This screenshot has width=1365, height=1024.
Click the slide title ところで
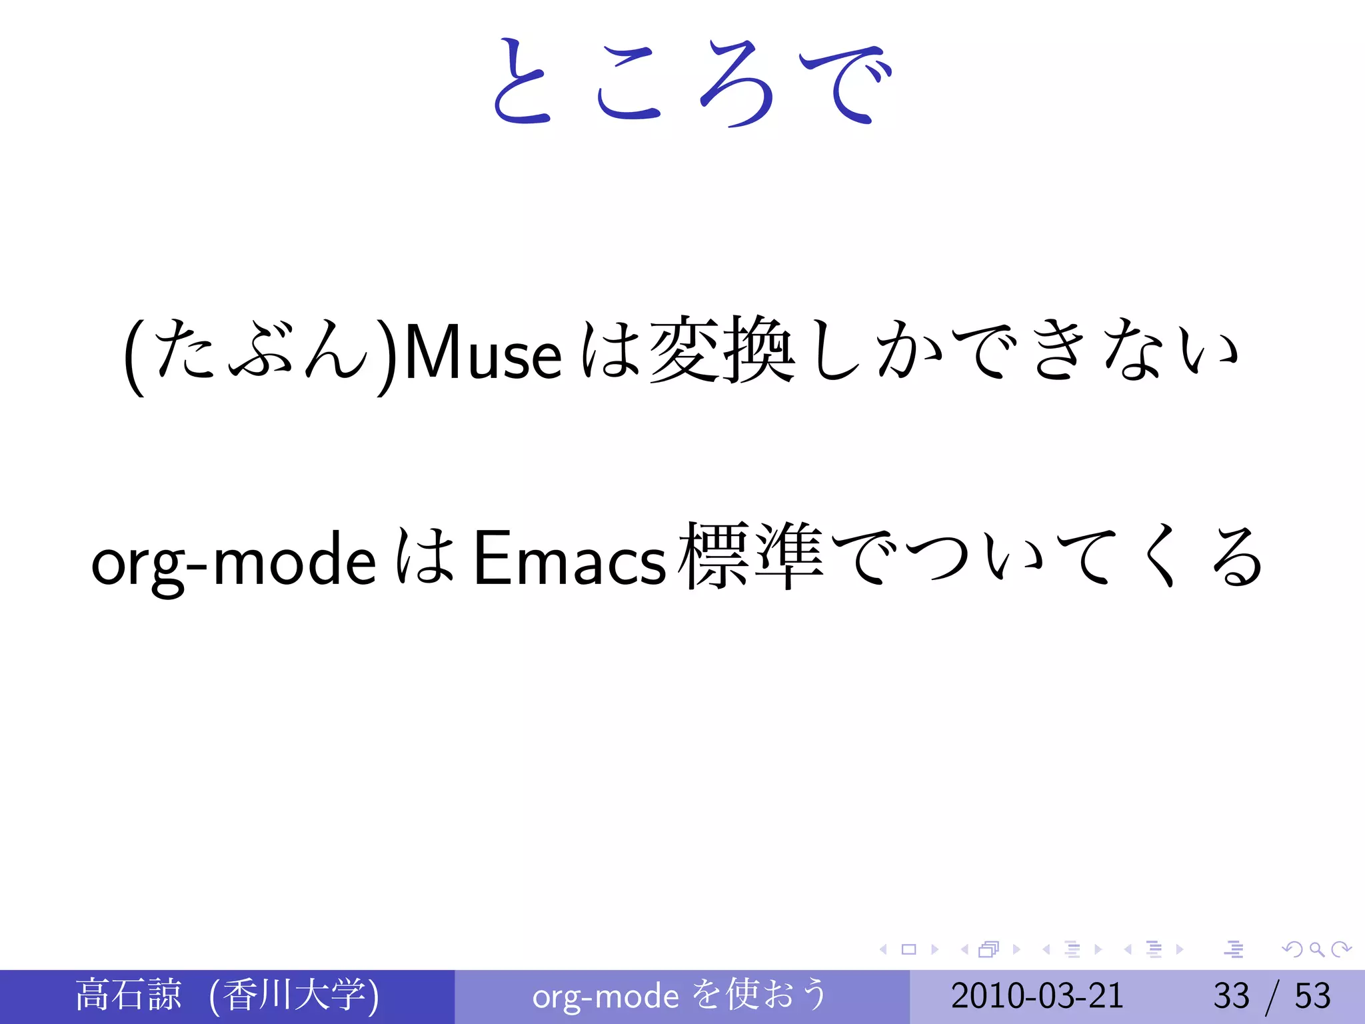690,83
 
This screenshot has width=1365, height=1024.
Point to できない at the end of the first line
1093,351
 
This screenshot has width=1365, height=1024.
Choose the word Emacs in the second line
569,559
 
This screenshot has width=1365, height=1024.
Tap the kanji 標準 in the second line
750,556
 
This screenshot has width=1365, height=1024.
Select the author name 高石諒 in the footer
128,995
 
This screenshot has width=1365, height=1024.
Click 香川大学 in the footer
293,995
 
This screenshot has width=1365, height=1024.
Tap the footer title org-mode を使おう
680,995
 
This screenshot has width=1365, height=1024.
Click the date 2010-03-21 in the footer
1037,995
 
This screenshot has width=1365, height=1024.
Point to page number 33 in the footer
1230,995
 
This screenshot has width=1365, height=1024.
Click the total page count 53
1312,995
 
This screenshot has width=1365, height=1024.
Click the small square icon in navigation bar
908,949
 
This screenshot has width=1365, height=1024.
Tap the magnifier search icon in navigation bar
1316,949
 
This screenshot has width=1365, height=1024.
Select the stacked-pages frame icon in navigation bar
989,949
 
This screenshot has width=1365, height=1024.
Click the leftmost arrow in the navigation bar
883,949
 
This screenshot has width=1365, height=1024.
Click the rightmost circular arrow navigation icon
1341,949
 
